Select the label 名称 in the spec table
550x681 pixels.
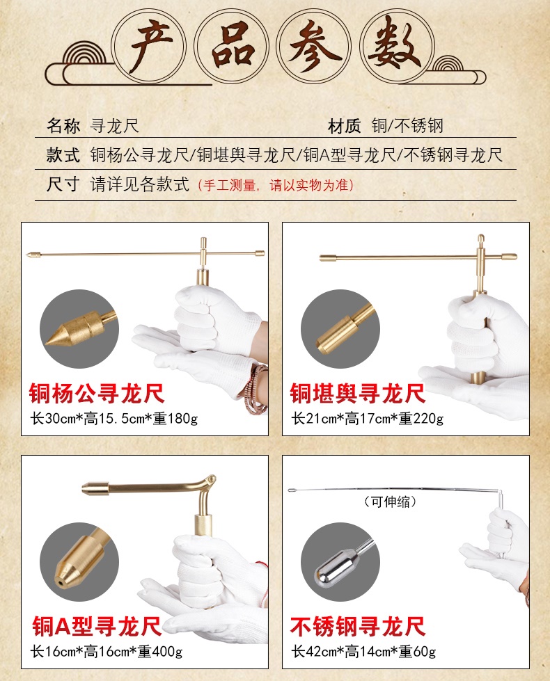tap(63, 126)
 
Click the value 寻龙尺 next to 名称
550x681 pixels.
tap(115, 126)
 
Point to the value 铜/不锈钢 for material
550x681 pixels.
tap(407, 126)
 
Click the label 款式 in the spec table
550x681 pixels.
tap(63, 154)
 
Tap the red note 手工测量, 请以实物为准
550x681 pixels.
tap(276, 186)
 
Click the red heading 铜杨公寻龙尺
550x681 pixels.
tap(97, 394)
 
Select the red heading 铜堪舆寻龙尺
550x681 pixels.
tap(357, 394)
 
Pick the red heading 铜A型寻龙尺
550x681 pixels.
tap(97, 626)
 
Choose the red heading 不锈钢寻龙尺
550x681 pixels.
tap(357, 626)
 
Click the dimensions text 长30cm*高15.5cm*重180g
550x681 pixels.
tap(114, 419)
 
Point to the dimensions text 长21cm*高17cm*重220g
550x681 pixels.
tap(368, 419)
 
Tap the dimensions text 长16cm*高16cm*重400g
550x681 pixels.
tap(106, 652)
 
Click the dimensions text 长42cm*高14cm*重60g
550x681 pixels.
tap(363, 652)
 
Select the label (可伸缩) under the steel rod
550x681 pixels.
tap(390, 502)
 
